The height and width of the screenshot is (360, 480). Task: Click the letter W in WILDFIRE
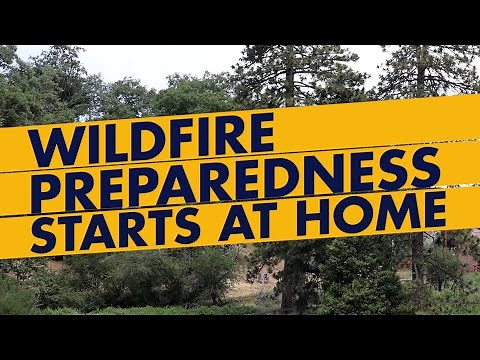coord(53,146)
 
